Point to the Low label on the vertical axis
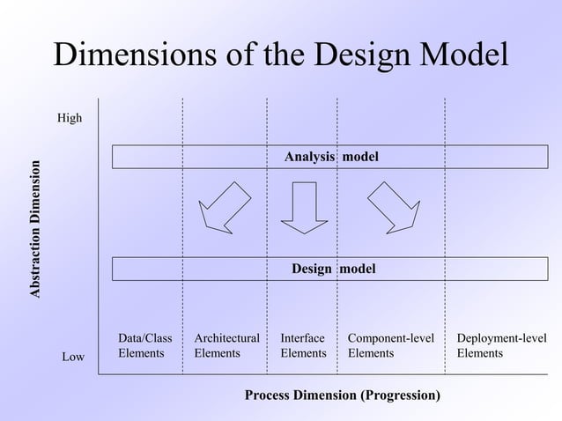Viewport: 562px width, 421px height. [73, 357]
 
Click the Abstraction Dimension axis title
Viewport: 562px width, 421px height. [36, 229]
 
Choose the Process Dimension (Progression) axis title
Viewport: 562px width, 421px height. [343, 395]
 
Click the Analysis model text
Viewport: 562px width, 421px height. [331, 157]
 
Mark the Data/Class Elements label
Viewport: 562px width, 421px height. [145, 345]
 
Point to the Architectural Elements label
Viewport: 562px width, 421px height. [226, 345]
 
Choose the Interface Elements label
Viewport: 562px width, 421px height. [303, 345]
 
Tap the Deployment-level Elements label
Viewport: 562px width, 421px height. [501, 345]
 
